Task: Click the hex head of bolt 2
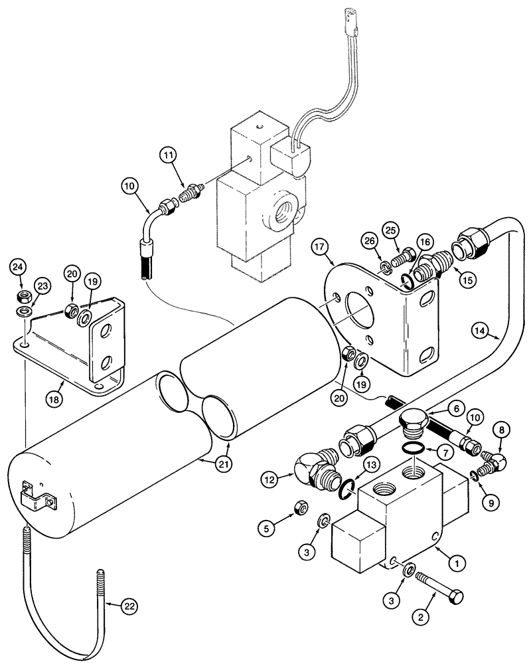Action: click(455, 598)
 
